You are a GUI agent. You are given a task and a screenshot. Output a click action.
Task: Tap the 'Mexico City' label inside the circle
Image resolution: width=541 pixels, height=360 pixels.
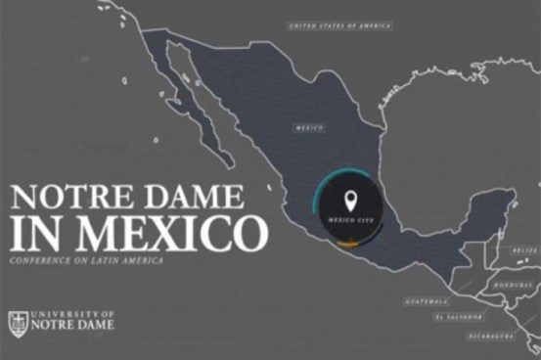point(350,221)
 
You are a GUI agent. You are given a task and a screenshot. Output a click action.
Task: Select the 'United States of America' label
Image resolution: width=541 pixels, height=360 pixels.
point(340,26)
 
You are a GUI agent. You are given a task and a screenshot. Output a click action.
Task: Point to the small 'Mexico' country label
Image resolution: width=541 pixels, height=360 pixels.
point(309,127)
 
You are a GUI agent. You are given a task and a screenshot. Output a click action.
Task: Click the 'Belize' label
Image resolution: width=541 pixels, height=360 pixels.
point(525,250)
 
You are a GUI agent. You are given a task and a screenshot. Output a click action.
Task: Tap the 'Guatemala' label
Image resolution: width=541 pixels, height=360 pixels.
point(430,300)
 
